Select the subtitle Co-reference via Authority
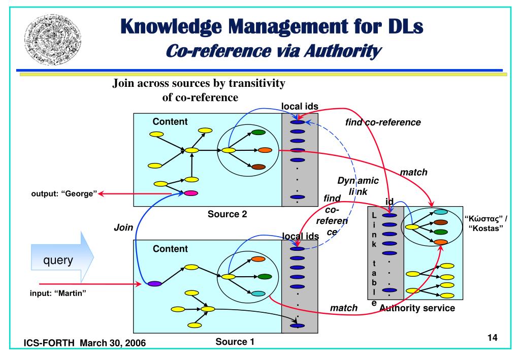point(274,51)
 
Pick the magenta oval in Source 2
point(191,193)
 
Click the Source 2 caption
point(227,214)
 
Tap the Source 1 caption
point(235,342)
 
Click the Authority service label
point(417,308)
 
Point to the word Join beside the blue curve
point(123,228)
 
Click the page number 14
point(491,337)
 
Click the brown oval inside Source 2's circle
point(258,167)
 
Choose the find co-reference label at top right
point(383,122)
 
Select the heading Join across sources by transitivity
point(199,84)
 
